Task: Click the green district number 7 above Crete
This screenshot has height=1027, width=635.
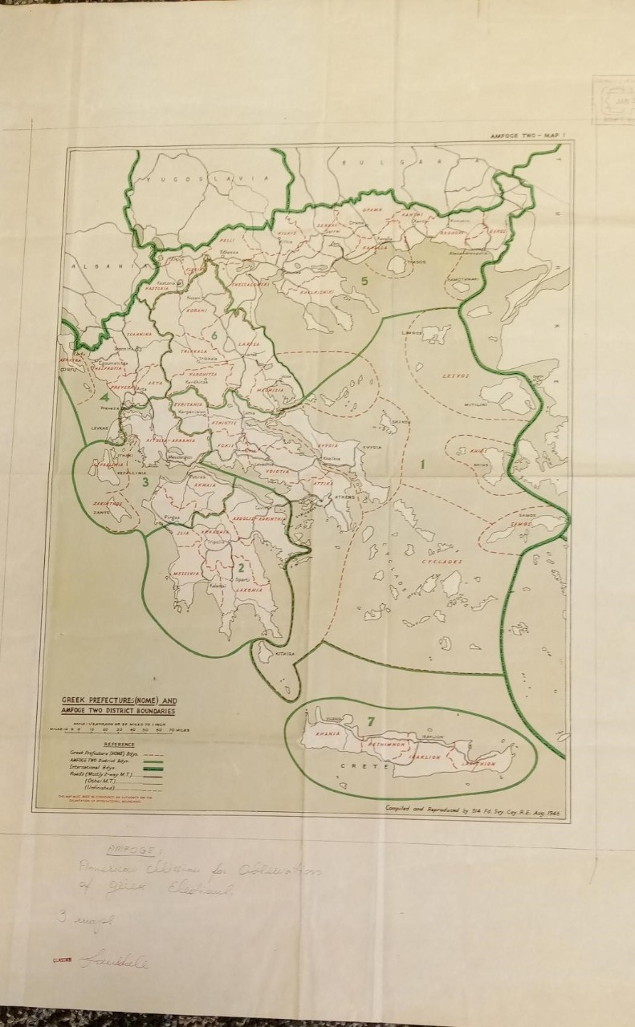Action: click(370, 721)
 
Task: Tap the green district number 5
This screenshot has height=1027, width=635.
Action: click(363, 280)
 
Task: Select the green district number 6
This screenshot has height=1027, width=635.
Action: click(214, 335)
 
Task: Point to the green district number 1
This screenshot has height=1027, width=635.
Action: click(423, 463)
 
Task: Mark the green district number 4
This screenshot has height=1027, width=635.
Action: click(104, 396)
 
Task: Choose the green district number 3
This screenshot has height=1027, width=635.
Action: click(145, 481)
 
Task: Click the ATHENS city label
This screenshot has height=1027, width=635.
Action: click(344, 497)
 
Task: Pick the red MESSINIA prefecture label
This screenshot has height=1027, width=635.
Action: click(185, 574)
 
